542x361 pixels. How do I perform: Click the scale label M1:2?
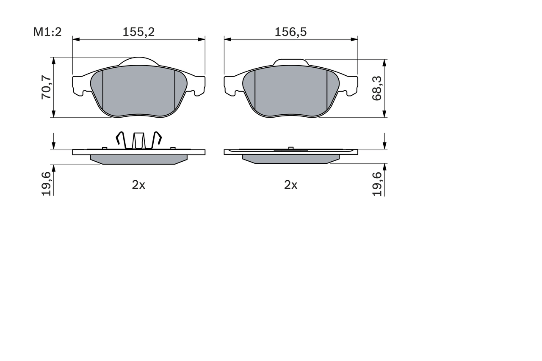click(47, 32)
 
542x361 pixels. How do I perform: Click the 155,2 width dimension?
click(138, 32)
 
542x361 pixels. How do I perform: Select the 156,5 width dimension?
click(290, 32)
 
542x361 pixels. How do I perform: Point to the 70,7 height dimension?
click(46, 87)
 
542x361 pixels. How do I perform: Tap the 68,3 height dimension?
click(377, 88)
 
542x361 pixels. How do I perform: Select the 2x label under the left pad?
click(138, 185)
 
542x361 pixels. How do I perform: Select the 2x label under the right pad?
click(290, 185)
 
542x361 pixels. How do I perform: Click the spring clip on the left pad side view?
click(138, 140)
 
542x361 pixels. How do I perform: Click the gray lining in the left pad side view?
click(138, 159)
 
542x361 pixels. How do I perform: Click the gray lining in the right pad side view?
click(290, 159)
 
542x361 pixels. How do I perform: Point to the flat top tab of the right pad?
click(290, 62)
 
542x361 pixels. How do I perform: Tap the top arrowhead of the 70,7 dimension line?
click(54, 61)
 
